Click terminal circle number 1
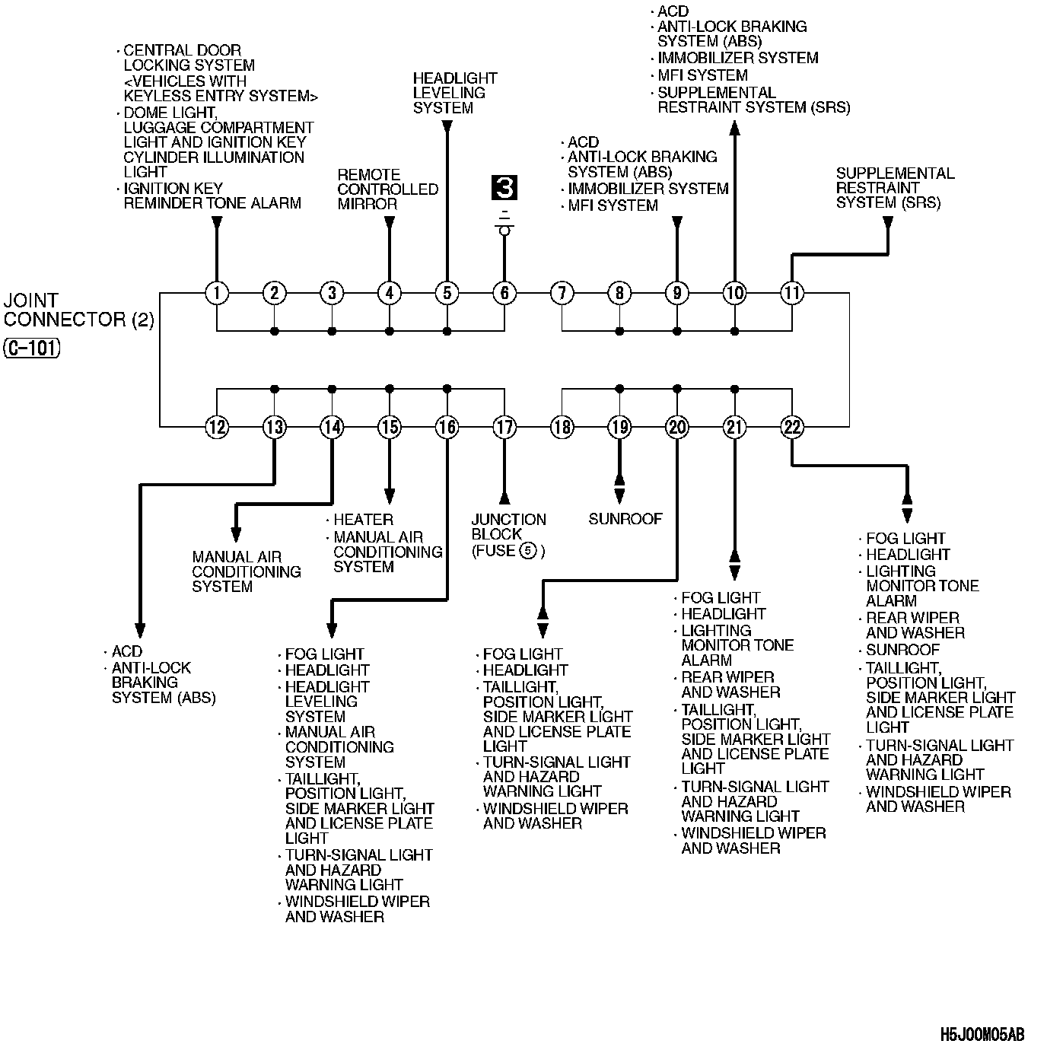coord(217,293)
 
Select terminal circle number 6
coord(504,293)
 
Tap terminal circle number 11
coord(792,293)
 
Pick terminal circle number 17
coord(504,427)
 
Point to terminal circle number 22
coord(792,427)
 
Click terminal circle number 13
coord(274,427)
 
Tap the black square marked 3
coord(504,187)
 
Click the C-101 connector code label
coord(32,348)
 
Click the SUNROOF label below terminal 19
coord(625,519)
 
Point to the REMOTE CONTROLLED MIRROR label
coord(387,189)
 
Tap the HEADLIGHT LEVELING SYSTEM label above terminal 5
coord(454,93)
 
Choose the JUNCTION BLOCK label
coord(508,527)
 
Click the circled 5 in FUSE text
coord(527,551)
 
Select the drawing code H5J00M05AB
coord(982,1035)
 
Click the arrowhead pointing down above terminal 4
coord(389,223)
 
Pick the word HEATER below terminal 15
coord(363,520)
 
